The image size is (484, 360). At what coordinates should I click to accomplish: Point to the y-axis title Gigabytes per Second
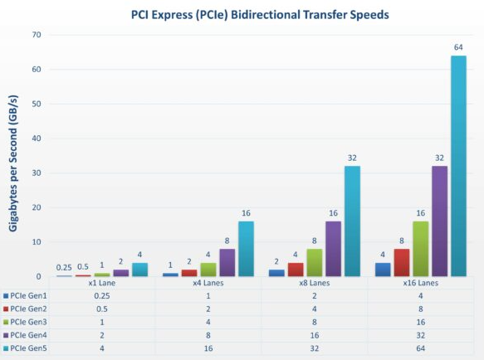(14, 156)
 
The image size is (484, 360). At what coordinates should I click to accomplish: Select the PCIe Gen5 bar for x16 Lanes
(458, 166)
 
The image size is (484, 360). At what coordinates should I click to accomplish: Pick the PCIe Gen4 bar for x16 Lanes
(438, 221)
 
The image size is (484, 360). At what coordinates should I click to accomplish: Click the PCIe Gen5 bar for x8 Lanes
(352, 221)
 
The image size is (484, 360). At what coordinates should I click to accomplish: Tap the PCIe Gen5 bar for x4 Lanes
(246, 249)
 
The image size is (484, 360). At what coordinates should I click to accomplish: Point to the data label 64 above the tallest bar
(458, 47)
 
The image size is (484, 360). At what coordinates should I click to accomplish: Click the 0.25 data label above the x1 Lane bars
(64, 267)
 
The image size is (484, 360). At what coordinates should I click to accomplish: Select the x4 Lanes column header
(208, 284)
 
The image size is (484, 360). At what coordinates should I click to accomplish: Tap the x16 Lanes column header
(421, 284)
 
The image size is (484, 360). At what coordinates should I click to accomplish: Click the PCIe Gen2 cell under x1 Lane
(101, 309)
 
